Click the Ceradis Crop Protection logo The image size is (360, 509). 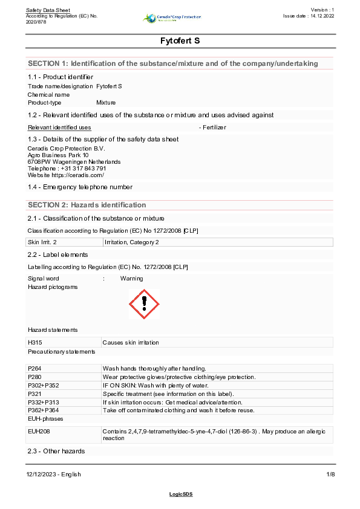click(171, 18)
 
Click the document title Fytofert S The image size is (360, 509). click(180, 41)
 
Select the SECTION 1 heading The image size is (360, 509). click(172, 63)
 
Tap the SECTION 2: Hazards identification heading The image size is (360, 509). click(87, 205)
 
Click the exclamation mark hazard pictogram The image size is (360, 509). click(144, 304)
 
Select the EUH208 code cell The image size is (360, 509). click(38, 431)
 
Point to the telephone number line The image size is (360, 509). click(67, 168)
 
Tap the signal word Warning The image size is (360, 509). click(131, 279)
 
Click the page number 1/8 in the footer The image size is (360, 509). click(330, 474)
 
